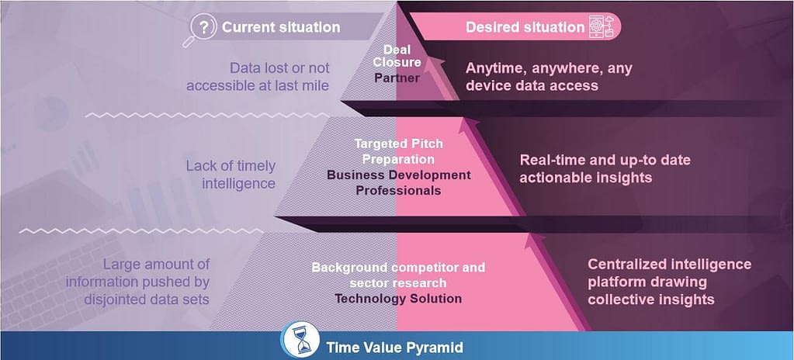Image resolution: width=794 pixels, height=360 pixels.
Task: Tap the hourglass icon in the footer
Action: tap(301, 340)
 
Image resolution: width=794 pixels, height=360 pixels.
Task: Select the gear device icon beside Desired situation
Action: tap(601, 26)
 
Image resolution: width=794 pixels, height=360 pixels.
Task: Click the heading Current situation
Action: tap(281, 27)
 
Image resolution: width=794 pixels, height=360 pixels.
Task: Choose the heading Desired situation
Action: tap(525, 27)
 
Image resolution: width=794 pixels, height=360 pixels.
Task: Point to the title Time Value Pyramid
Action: tap(394, 348)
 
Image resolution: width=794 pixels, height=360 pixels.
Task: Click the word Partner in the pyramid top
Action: tap(397, 78)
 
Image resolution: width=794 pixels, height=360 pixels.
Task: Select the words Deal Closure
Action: tap(397, 56)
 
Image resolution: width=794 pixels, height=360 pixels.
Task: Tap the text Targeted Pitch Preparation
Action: tap(398, 151)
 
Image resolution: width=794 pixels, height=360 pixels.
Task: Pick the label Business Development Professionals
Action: tap(398, 183)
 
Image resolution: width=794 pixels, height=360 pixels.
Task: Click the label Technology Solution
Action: tap(398, 298)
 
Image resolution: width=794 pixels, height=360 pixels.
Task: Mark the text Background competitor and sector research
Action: tap(398, 275)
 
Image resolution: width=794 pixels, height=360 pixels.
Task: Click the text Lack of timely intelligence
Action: tap(231, 175)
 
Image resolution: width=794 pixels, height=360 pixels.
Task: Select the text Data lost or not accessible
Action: tap(258, 77)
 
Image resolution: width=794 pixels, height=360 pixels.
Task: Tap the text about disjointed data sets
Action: tap(137, 282)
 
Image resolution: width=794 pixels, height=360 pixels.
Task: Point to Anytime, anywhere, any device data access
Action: tap(549, 77)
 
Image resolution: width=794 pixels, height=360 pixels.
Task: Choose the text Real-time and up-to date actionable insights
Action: tap(605, 169)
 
